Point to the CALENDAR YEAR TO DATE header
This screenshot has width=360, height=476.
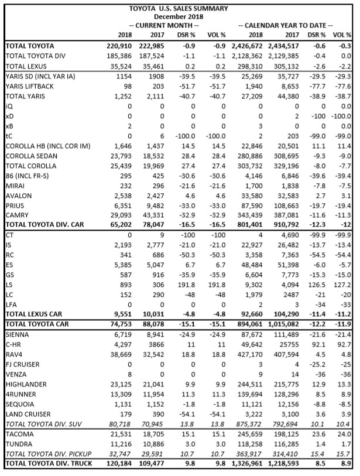(285, 26)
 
